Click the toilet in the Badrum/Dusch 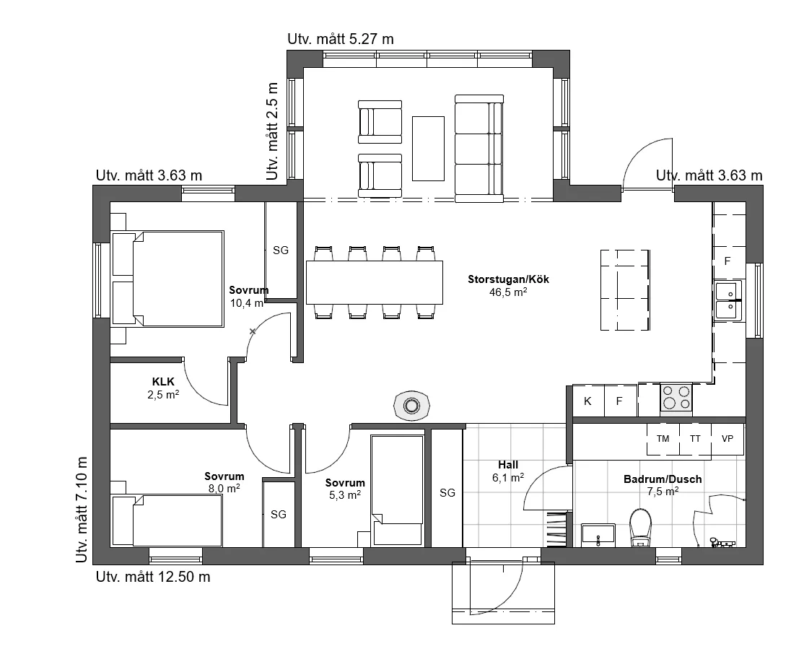tap(640, 528)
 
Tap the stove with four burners tap(676, 398)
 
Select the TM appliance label tap(663, 439)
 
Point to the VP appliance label tap(727, 439)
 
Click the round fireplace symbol tap(411, 406)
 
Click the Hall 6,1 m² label tap(508, 471)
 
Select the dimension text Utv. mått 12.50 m tap(153, 577)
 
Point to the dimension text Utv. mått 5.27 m tap(341, 39)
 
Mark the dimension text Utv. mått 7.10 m tap(82, 510)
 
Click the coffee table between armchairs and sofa tap(428, 148)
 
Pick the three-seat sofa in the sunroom tap(479, 148)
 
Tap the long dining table tap(375, 283)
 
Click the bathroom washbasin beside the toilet tap(598, 535)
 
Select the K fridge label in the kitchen tap(587, 401)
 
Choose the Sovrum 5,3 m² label tap(345, 489)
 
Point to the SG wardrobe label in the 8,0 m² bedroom tap(279, 515)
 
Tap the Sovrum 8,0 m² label tap(224, 482)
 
